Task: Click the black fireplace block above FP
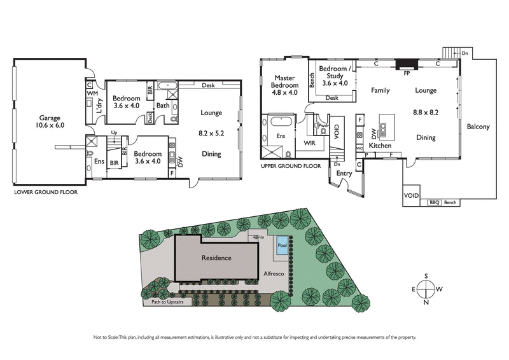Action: [405, 64]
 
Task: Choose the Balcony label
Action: [478, 127]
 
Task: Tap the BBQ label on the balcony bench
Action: [435, 202]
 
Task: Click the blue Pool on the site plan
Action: [282, 244]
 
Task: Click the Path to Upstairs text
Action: [167, 303]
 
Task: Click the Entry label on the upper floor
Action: [345, 172]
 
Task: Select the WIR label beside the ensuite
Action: [309, 144]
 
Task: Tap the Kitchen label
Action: [380, 146]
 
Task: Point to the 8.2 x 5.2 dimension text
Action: [211, 134]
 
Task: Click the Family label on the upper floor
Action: [380, 91]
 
